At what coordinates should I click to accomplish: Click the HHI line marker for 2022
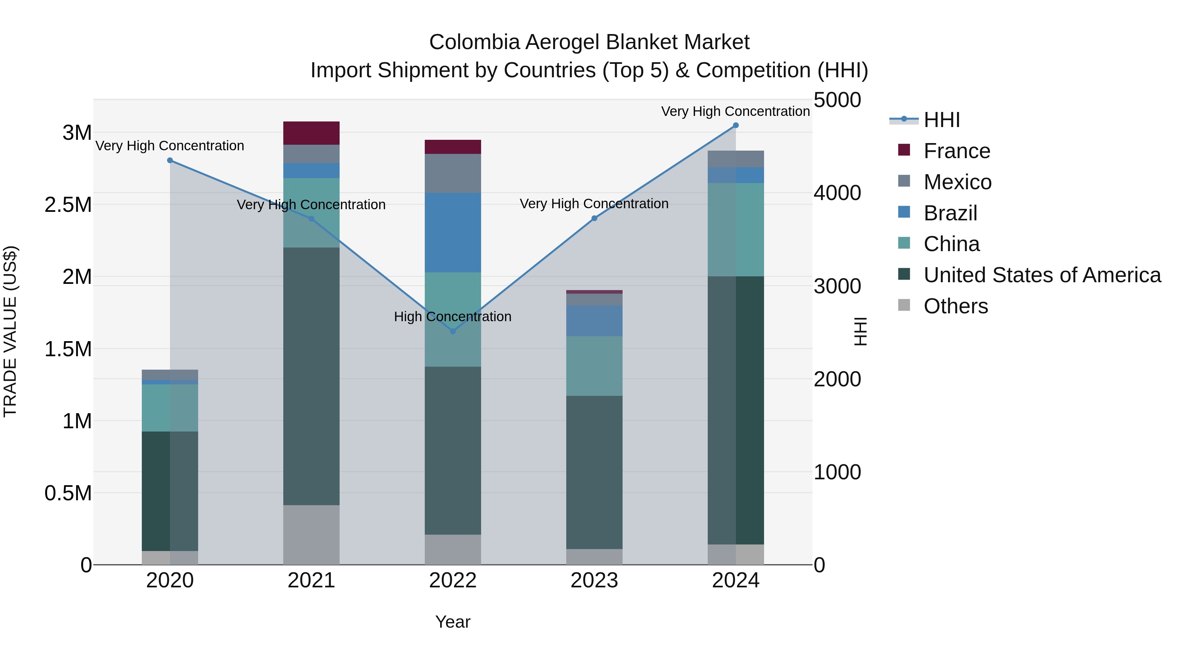(453, 331)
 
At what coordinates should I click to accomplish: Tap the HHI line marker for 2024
(736, 125)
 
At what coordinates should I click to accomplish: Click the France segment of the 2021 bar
(311, 133)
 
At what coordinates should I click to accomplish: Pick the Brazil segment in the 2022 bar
(453, 232)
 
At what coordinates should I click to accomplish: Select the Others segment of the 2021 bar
(311, 534)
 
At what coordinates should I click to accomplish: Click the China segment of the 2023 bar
(594, 366)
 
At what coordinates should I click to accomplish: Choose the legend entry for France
(957, 151)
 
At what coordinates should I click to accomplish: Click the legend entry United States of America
(1042, 275)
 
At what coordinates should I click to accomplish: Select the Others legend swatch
(904, 305)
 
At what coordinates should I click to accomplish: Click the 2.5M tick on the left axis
(68, 205)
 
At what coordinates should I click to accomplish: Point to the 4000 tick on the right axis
(837, 193)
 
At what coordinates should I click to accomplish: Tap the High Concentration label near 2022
(453, 317)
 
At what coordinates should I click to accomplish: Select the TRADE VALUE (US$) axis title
(10, 331)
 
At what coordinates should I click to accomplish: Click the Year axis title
(453, 622)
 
